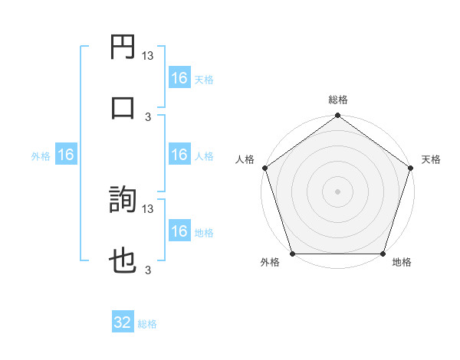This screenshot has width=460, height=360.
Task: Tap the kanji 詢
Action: [x=123, y=201]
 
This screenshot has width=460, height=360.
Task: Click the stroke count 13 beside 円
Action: [x=148, y=56]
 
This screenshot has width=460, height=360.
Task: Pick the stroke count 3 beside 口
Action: [x=148, y=116]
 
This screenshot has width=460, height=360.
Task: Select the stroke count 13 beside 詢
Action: [x=148, y=208]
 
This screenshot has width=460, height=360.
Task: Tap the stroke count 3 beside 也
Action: [x=148, y=270]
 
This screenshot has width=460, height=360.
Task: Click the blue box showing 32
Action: [x=123, y=322]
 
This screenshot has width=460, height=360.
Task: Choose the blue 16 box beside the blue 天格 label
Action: [x=179, y=78]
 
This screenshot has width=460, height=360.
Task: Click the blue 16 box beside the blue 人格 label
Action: [x=179, y=155]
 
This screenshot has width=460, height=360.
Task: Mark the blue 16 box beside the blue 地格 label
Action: [x=179, y=231]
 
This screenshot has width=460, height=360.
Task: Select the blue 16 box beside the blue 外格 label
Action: [x=66, y=155]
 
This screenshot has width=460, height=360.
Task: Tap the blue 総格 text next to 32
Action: [x=147, y=324]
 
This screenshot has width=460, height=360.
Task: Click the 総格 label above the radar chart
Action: [x=338, y=100]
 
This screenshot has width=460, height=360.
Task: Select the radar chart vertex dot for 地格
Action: [x=383, y=254]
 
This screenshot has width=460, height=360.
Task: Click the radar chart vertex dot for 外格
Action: [x=292, y=254]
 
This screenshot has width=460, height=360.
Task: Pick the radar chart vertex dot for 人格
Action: [x=264, y=168]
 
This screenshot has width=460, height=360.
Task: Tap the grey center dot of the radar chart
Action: [x=338, y=191]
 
